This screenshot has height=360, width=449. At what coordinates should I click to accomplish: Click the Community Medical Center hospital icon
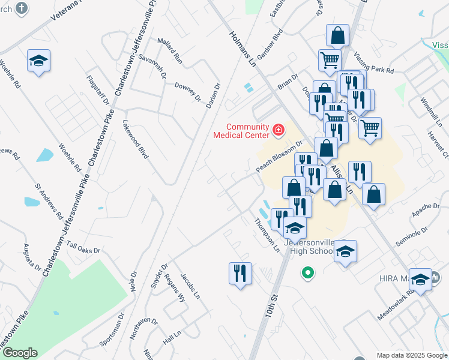click(x=278, y=130)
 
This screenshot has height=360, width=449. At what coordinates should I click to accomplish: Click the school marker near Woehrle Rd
click(x=38, y=61)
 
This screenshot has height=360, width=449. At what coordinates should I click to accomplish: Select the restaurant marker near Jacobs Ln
click(x=240, y=274)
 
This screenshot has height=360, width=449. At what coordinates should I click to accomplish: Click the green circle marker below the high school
click(x=308, y=274)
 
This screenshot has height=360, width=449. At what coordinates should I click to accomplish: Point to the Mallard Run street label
click(x=169, y=50)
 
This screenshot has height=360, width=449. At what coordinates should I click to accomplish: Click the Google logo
click(x=19, y=353)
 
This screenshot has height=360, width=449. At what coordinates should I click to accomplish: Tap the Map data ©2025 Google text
click(x=411, y=355)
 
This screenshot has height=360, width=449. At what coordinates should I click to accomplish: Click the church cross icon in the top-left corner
click(x=21, y=8)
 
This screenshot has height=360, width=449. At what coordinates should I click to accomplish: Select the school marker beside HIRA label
click(x=421, y=279)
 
